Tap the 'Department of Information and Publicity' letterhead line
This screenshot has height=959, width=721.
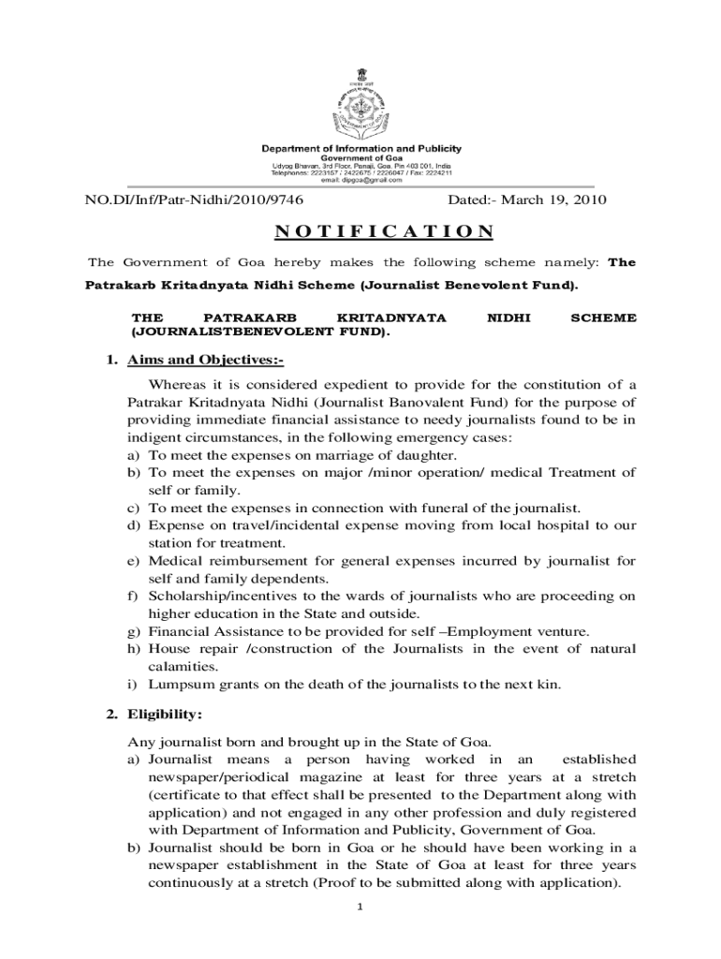pos(360,149)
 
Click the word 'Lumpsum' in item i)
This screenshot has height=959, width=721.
pos(180,685)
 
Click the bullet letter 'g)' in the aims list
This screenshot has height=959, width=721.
pos(133,631)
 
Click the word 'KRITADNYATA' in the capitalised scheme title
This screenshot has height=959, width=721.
pos(391,318)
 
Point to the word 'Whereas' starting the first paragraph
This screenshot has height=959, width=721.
pos(179,384)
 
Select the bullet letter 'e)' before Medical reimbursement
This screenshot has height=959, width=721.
pos(133,561)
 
